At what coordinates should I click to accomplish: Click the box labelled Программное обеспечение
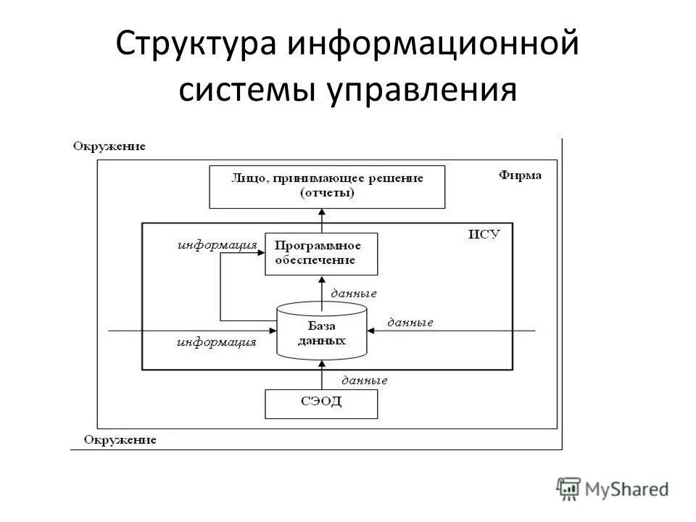321,254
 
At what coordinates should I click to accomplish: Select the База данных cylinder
322,331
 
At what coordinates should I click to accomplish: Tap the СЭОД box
321,404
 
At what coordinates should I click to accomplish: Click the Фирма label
520,175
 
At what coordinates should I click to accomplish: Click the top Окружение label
109,146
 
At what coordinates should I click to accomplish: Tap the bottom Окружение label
120,439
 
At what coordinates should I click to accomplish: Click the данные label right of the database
410,322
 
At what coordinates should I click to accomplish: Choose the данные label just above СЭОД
364,380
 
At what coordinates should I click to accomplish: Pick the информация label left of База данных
216,342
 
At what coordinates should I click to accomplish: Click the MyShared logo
613,489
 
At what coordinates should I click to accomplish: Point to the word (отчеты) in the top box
327,192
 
